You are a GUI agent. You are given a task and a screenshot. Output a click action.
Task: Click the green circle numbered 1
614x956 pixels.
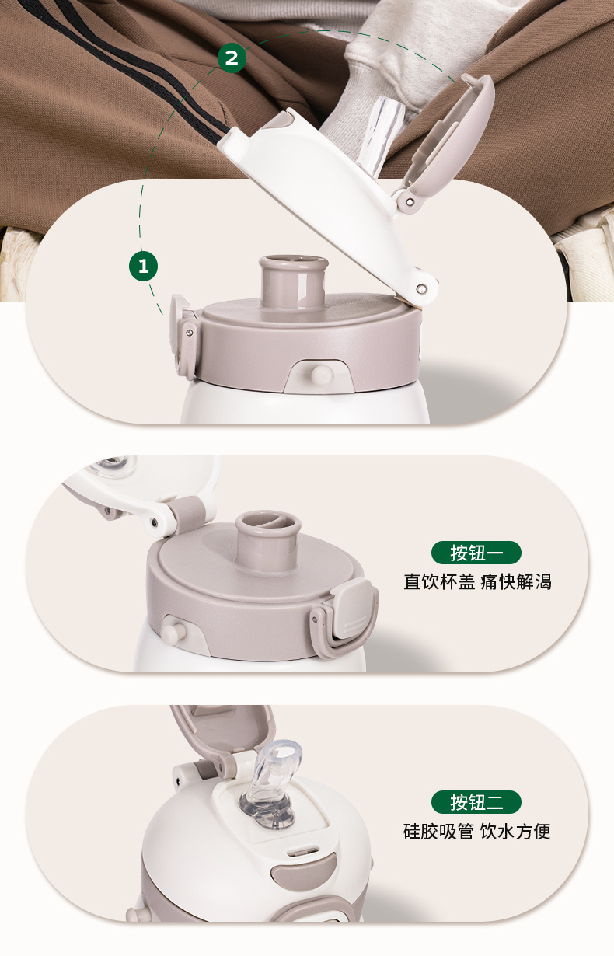click(143, 267)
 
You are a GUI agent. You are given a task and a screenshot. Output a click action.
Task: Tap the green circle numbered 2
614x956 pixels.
click(232, 58)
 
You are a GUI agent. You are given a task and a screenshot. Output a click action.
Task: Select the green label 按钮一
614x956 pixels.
click(476, 553)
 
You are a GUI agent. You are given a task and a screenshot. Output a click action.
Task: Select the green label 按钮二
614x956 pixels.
click(476, 802)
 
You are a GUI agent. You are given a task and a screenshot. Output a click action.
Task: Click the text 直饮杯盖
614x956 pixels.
click(439, 581)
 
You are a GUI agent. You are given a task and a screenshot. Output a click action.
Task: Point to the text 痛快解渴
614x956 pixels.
click(516, 581)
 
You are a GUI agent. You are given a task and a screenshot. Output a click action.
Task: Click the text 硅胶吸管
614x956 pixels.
click(438, 832)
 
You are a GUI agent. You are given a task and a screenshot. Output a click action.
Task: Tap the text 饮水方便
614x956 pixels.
click(515, 832)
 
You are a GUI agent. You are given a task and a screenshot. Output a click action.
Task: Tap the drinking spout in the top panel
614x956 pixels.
click(294, 281)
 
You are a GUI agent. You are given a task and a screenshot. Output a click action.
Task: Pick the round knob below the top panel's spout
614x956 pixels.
click(322, 375)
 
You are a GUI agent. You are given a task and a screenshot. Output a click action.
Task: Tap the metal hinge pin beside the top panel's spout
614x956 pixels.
click(421, 289)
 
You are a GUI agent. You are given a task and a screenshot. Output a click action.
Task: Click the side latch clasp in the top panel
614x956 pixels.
click(183, 337)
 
